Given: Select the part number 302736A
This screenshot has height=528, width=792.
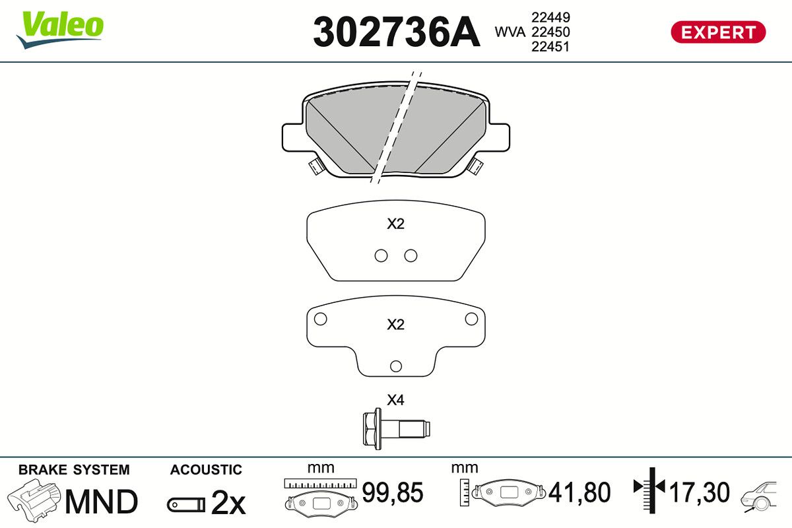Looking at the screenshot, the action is pos(397,32).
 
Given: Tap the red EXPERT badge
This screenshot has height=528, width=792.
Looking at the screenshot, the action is pos(718,32).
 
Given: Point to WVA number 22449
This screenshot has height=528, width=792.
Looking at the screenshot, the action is pos(550,17).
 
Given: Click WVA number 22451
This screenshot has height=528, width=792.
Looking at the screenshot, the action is pos(550,47).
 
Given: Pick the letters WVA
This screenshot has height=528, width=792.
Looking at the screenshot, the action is pos(510,32).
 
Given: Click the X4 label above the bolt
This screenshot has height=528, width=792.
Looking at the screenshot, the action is pos(395,400).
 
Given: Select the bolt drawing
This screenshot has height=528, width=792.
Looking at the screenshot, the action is pos(396,428).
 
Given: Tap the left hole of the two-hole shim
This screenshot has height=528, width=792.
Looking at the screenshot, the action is pos(381,255).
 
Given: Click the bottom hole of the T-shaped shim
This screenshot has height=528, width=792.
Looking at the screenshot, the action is pos(395,366).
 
